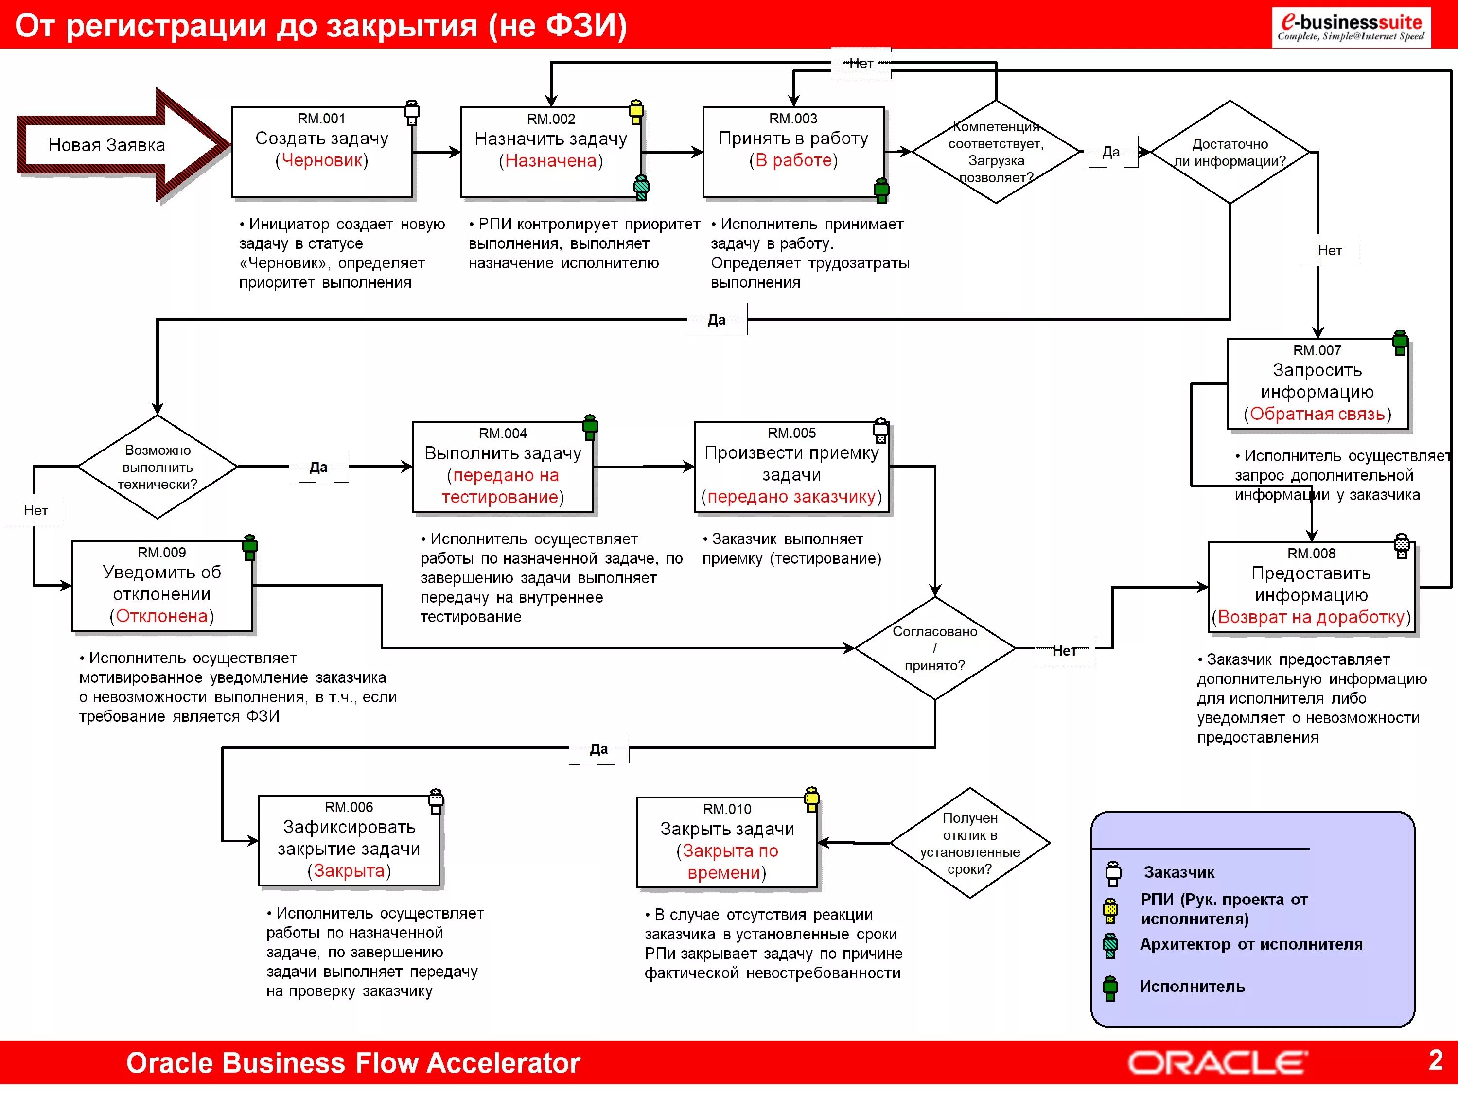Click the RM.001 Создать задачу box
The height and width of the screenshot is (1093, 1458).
[x=322, y=152]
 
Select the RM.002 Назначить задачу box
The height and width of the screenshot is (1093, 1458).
[x=551, y=152]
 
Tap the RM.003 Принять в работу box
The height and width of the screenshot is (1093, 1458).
[x=793, y=152]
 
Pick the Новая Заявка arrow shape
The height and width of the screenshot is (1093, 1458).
[x=123, y=145]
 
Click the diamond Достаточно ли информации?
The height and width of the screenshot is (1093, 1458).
[x=1230, y=152]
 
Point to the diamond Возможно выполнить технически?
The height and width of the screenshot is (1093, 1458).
[x=158, y=467]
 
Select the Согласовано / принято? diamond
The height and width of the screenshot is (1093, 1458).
[x=935, y=648]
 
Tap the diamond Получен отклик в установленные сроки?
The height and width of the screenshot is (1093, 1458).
[x=969, y=843]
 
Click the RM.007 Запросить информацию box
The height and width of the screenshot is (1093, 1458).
[x=1317, y=384]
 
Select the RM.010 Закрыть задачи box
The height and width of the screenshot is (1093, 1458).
[x=727, y=843]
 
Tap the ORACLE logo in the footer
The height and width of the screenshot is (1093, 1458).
[x=1217, y=1063]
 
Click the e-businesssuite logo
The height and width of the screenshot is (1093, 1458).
[x=1351, y=28]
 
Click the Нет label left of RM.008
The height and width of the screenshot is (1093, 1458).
[x=1065, y=651]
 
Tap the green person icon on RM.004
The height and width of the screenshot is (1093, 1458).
[x=591, y=427]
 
